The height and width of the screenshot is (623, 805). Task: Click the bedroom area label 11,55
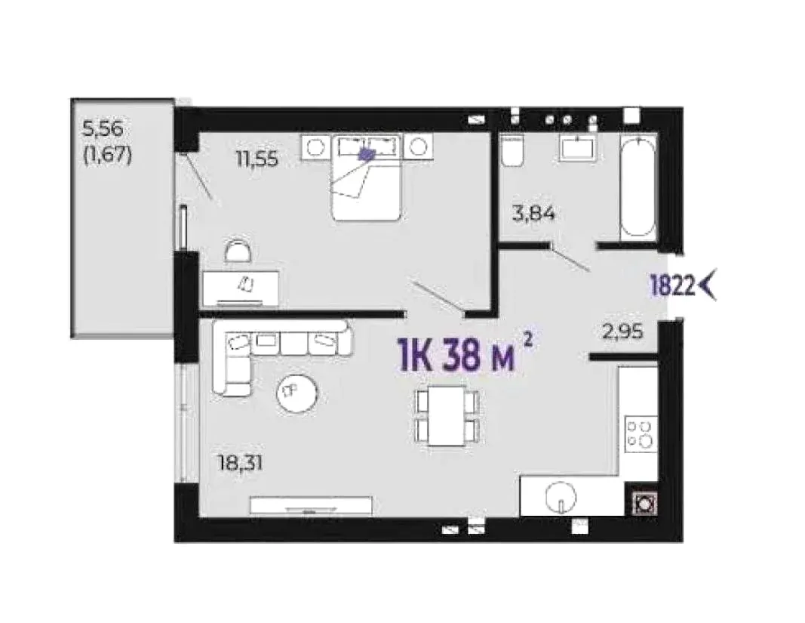[x=257, y=159]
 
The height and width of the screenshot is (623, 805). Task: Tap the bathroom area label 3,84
[x=534, y=213]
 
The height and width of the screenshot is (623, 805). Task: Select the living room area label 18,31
[x=241, y=464]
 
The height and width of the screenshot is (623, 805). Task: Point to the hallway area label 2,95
[x=622, y=332]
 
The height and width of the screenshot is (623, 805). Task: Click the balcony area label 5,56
[x=103, y=128]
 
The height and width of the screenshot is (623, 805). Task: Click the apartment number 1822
[x=672, y=285]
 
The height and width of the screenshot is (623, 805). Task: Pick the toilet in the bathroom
[x=512, y=151]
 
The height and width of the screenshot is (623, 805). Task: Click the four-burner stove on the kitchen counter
[x=641, y=434]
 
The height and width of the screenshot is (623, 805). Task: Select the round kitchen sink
[x=560, y=497]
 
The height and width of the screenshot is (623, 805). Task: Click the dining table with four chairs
[x=447, y=416]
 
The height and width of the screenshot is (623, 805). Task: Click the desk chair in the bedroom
[x=239, y=252]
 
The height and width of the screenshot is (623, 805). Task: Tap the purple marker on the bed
[x=367, y=153]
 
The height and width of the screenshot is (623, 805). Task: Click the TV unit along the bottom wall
[x=311, y=505]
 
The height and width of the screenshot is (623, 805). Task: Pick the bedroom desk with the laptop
[x=241, y=289]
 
